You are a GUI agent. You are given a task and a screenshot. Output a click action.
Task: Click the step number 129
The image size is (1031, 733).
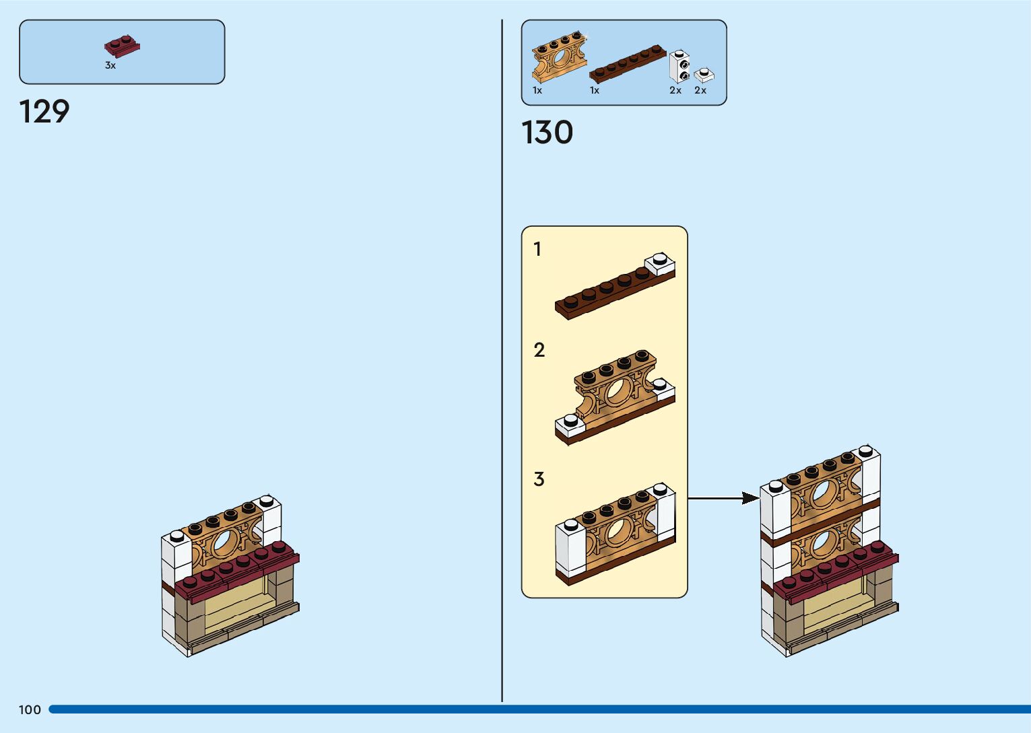(x=44, y=112)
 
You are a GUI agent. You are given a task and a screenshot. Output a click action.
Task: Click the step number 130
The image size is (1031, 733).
(x=547, y=133)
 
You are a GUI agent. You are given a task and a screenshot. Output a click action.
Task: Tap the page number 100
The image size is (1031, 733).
(x=30, y=709)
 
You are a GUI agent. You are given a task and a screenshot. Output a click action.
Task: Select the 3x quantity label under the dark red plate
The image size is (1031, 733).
(x=110, y=66)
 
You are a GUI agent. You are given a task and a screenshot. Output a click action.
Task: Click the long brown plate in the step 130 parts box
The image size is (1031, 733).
(x=627, y=65)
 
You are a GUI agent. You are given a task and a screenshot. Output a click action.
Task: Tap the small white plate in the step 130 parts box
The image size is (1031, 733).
(x=704, y=75)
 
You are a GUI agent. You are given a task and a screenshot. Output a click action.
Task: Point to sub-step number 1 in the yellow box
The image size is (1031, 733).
(x=537, y=250)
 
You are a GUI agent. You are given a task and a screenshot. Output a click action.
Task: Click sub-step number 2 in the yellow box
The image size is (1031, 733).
(x=539, y=351)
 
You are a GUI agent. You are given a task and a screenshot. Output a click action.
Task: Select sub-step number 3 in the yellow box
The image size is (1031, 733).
(x=539, y=479)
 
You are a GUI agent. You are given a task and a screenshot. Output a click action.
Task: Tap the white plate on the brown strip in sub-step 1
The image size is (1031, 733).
(x=661, y=263)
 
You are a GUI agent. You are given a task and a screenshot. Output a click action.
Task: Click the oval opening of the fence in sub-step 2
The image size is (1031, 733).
(x=618, y=391)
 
